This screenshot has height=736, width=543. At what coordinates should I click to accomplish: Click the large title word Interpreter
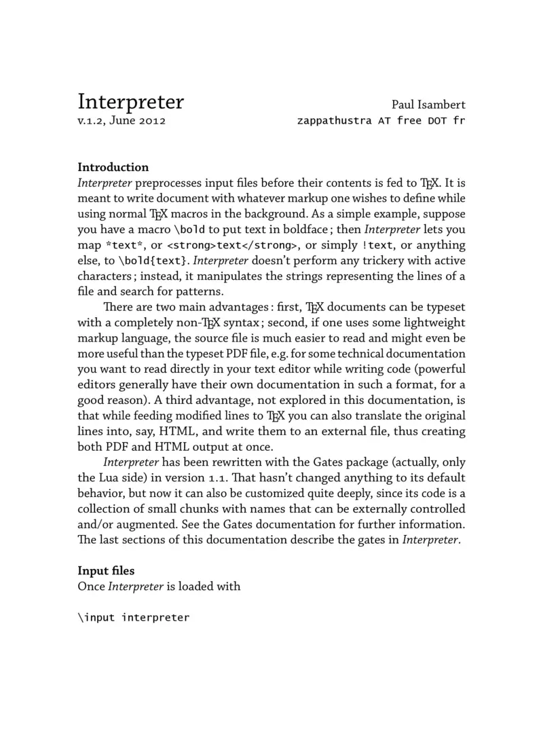(x=130, y=102)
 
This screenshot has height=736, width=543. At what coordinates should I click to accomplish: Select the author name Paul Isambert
(x=428, y=105)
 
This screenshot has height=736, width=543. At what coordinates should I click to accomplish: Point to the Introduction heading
(x=113, y=167)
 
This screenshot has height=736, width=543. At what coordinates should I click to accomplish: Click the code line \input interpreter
(x=134, y=618)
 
